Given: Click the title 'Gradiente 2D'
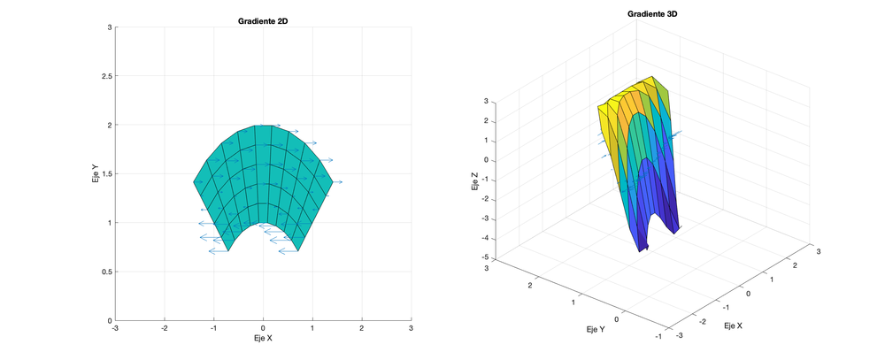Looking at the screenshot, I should click(263, 20).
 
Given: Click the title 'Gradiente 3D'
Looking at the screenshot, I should click(658, 13).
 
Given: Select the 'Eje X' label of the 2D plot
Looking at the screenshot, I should click(263, 339).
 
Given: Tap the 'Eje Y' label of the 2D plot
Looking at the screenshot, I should click(95, 173).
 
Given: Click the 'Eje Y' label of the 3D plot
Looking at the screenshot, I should click(596, 330).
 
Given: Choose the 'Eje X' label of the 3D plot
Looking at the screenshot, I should click(734, 326).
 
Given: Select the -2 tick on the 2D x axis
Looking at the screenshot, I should click(164, 328).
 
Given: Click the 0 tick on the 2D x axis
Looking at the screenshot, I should click(263, 328).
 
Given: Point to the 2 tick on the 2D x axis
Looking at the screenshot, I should click(361, 328).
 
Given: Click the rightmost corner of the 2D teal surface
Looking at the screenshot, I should click(333, 182).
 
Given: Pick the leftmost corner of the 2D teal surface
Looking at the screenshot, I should click(194, 182).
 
